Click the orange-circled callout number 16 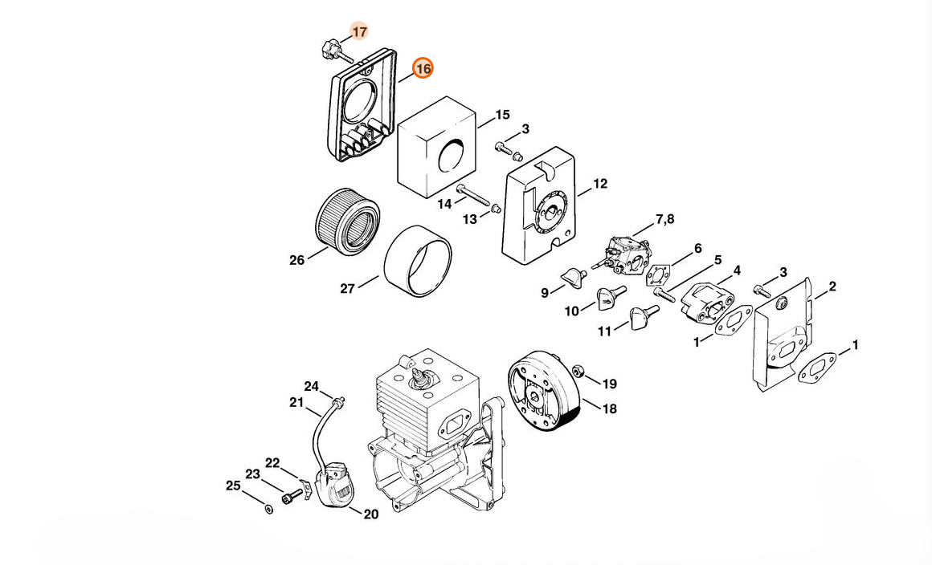[423, 69]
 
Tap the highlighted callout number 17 [360, 31]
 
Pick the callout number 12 [600, 184]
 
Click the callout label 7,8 [665, 220]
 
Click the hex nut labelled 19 [577, 372]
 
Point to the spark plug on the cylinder [419, 380]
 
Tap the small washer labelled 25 [268, 509]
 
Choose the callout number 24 [312, 387]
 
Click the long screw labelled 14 [472, 195]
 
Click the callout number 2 [832, 287]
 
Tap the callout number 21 [296, 402]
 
